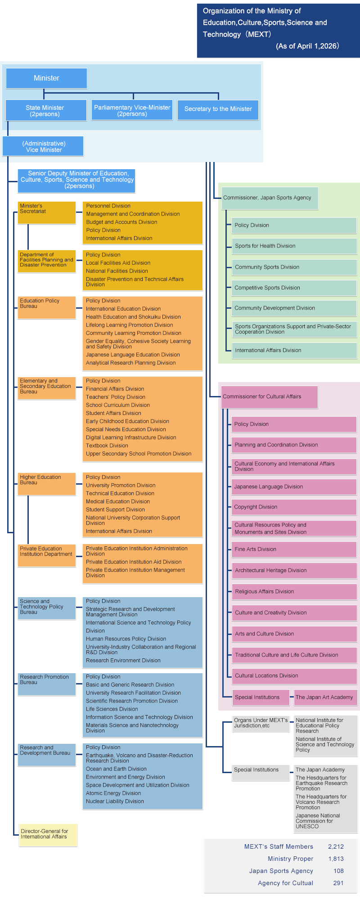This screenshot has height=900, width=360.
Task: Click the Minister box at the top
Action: (x=46, y=78)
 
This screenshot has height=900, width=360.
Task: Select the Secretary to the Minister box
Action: (x=218, y=109)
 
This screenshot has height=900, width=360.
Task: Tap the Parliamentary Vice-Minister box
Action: (x=132, y=110)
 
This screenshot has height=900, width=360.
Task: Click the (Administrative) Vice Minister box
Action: (x=43, y=147)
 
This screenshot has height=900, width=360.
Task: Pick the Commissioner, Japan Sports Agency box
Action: (x=270, y=198)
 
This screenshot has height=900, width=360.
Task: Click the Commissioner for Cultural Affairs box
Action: (x=269, y=397)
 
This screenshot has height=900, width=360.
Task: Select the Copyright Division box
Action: (x=294, y=507)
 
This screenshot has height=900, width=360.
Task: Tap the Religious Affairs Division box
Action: (x=294, y=592)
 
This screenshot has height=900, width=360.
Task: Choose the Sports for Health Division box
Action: (x=294, y=246)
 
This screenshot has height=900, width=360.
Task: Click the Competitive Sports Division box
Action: (x=294, y=288)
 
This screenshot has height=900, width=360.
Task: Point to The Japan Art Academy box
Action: (x=325, y=697)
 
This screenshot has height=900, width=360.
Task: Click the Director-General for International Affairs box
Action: (x=48, y=835)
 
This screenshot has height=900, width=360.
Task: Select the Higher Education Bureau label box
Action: (x=46, y=484)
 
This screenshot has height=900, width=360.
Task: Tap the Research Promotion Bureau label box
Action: (x=46, y=684)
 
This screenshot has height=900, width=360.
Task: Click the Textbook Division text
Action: (x=107, y=446)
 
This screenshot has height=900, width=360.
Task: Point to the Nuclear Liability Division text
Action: (x=115, y=801)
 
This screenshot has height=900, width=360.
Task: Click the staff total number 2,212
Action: (x=336, y=847)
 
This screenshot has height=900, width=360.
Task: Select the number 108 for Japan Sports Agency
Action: (x=338, y=871)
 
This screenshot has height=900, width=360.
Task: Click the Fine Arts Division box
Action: (x=294, y=549)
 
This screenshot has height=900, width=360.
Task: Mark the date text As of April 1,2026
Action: (x=308, y=46)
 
